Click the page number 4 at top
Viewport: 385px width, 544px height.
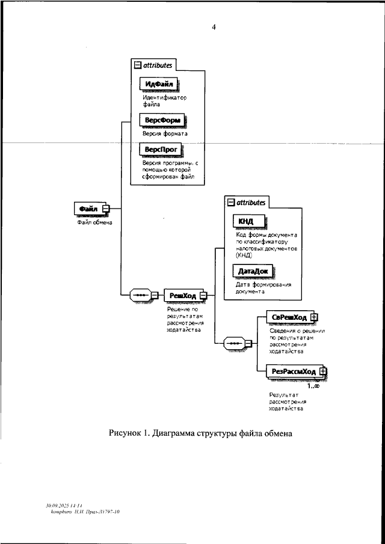coord(214,26)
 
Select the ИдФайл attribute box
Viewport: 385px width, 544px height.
coord(160,83)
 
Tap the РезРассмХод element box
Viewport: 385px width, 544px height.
coord(292,371)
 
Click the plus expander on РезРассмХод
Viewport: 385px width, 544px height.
coord(322,371)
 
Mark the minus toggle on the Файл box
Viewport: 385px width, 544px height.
coord(106,209)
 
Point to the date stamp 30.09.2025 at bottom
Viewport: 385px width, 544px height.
coord(58,506)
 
